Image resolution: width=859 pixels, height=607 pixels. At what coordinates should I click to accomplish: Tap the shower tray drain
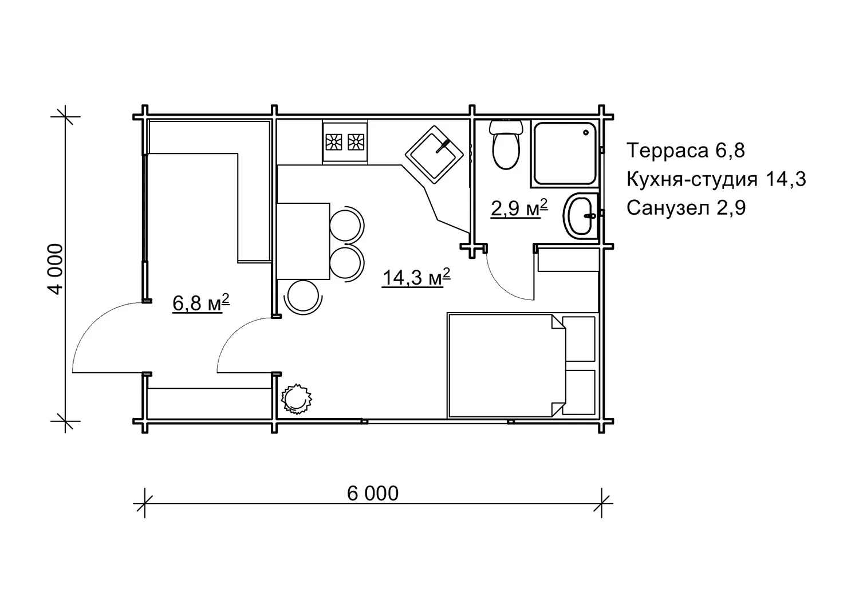click(586, 133)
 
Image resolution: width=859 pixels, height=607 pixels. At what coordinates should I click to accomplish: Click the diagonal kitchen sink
click(434, 155)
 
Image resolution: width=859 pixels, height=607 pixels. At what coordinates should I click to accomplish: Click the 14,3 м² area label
click(416, 277)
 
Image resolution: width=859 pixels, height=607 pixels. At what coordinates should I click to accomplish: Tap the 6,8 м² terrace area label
click(201, 303)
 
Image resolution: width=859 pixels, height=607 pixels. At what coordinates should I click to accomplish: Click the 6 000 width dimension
click(373, 494)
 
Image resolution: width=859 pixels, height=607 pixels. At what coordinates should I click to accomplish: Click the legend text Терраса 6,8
click(685, 150)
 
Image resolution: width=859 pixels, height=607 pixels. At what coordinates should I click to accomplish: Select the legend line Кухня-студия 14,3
click(716, 179)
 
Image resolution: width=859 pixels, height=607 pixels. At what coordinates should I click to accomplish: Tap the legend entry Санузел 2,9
click(686, 208)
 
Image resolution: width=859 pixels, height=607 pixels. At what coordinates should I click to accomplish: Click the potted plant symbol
click(296, 399)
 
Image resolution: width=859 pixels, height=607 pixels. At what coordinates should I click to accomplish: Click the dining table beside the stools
click(303, 241)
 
